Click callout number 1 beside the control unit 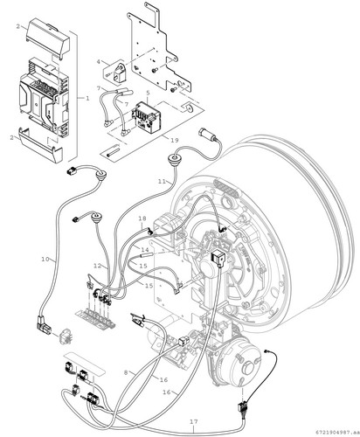[87, 98]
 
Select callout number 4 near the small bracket [99, 62]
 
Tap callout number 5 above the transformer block [148, 93]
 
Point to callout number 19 [174, 140]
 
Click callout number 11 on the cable [162, 181]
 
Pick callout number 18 [142, 218]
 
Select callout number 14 [145, 250]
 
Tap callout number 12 [98, 266]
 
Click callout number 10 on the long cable [45, 259]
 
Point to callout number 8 [126, 372]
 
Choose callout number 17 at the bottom [194, 421]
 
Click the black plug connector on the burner [217, 258]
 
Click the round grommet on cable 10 [99, 175]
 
